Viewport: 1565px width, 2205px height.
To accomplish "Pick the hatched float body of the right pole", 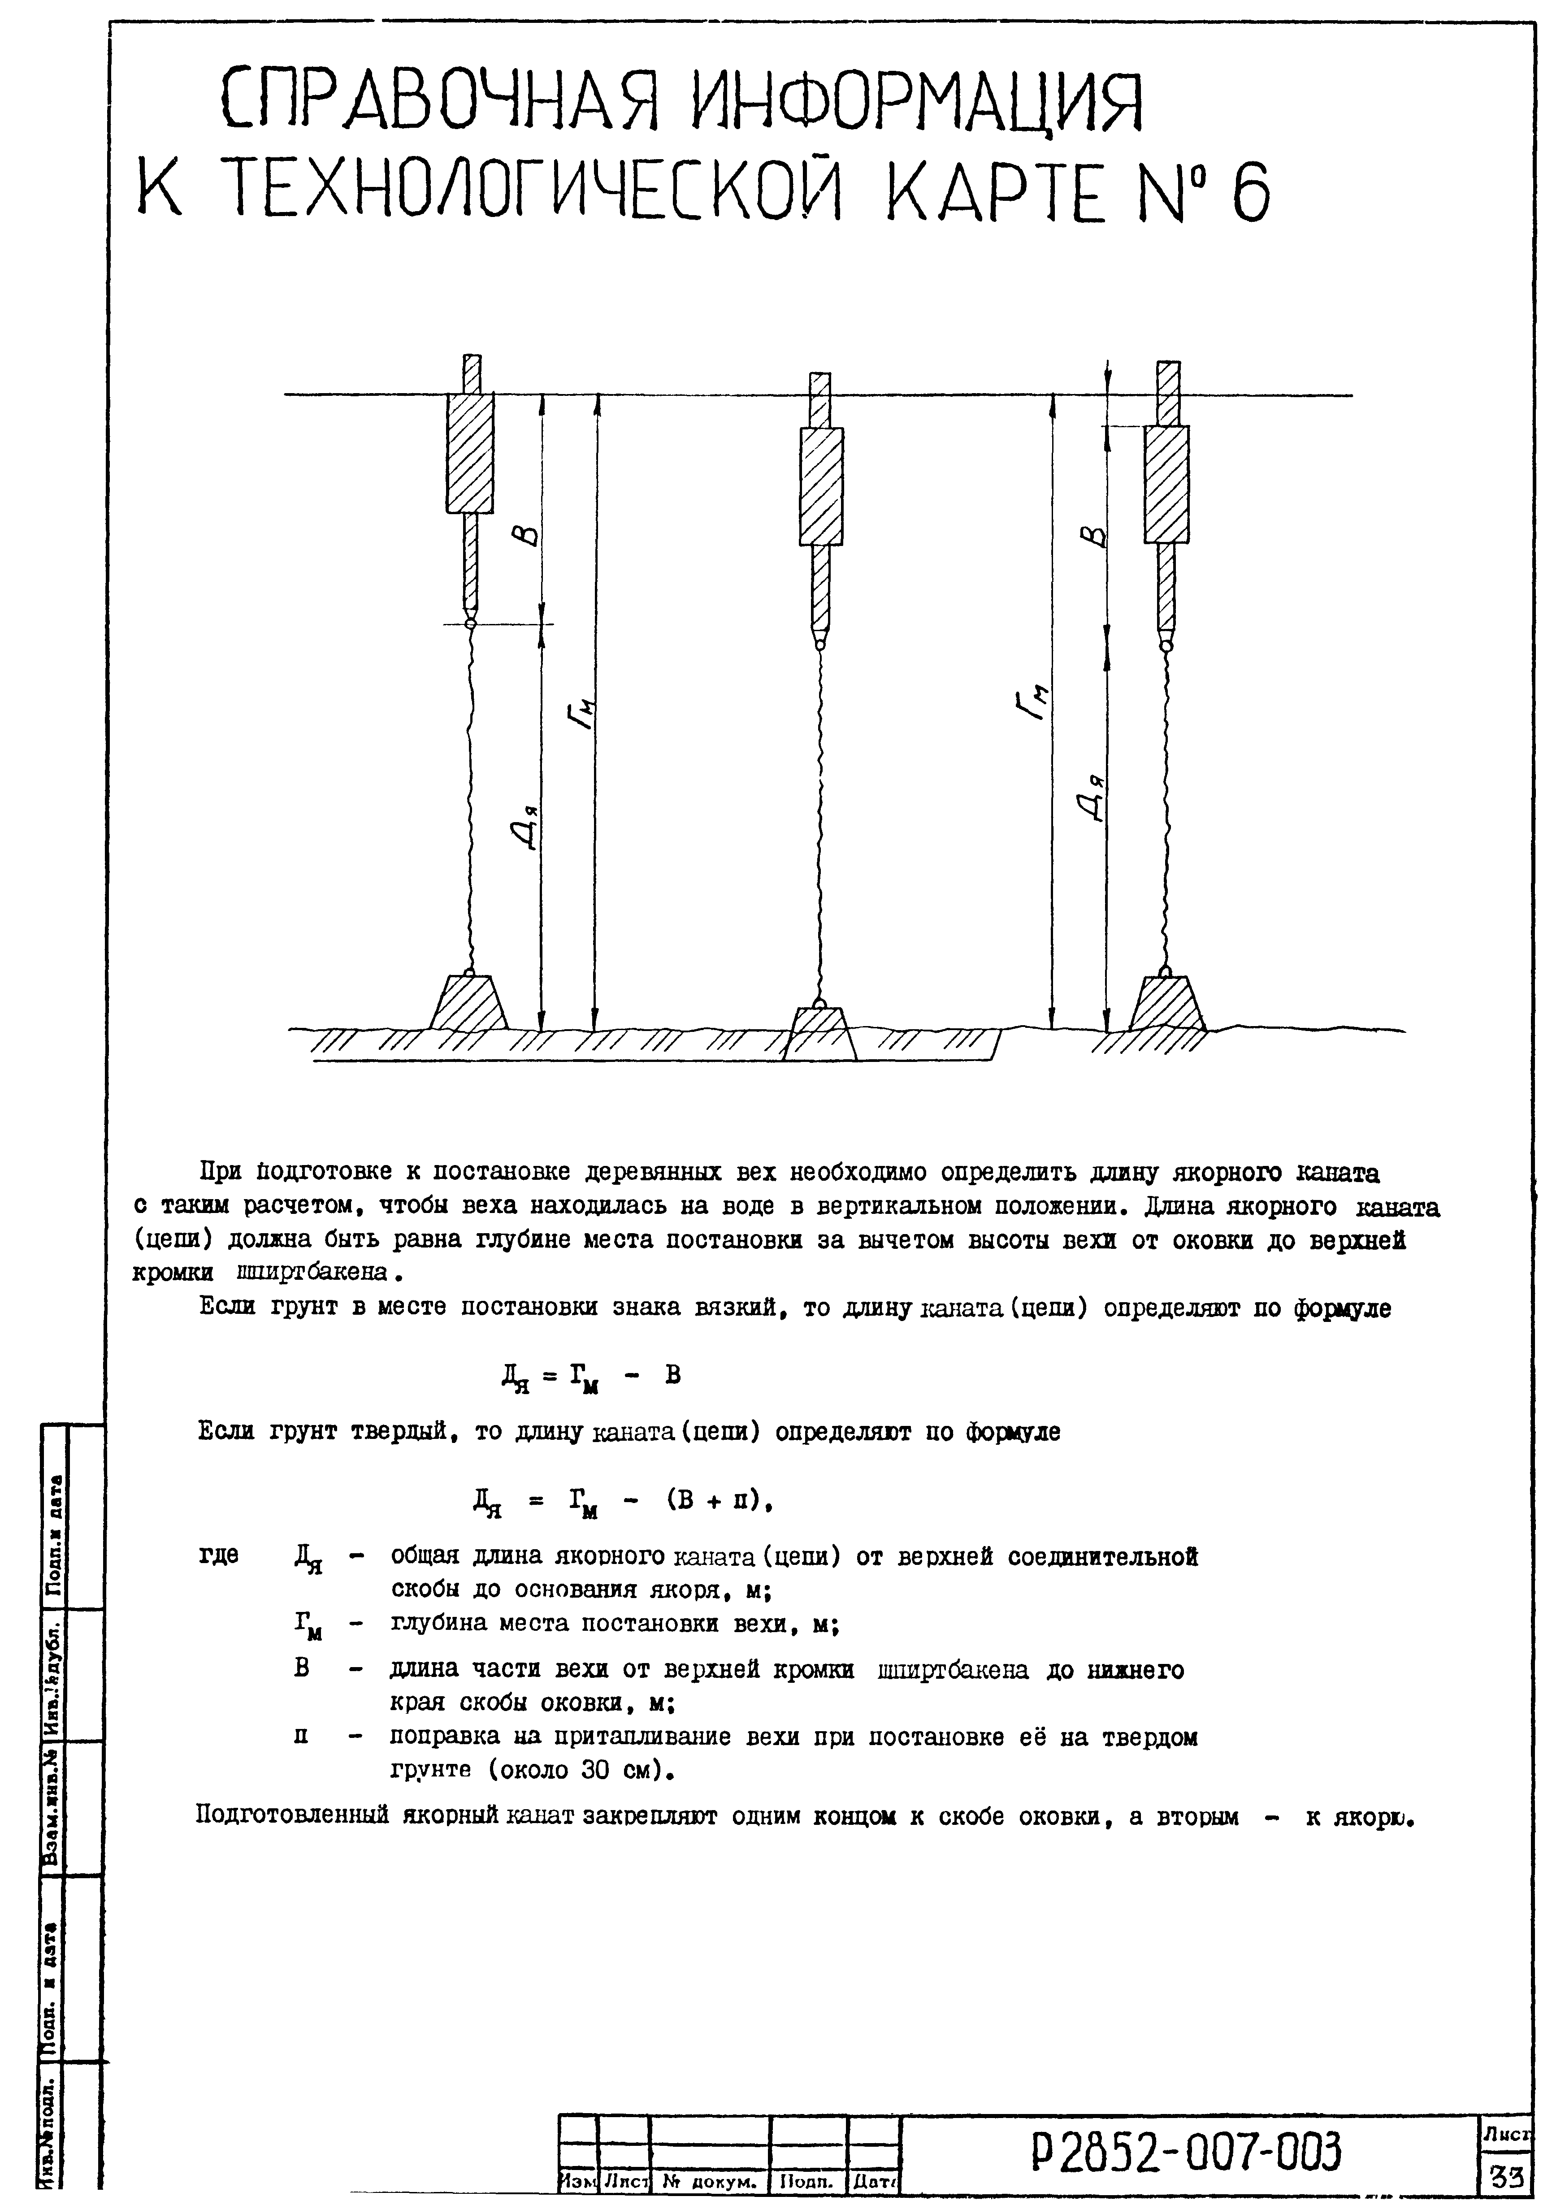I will tap(1166, 484).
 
